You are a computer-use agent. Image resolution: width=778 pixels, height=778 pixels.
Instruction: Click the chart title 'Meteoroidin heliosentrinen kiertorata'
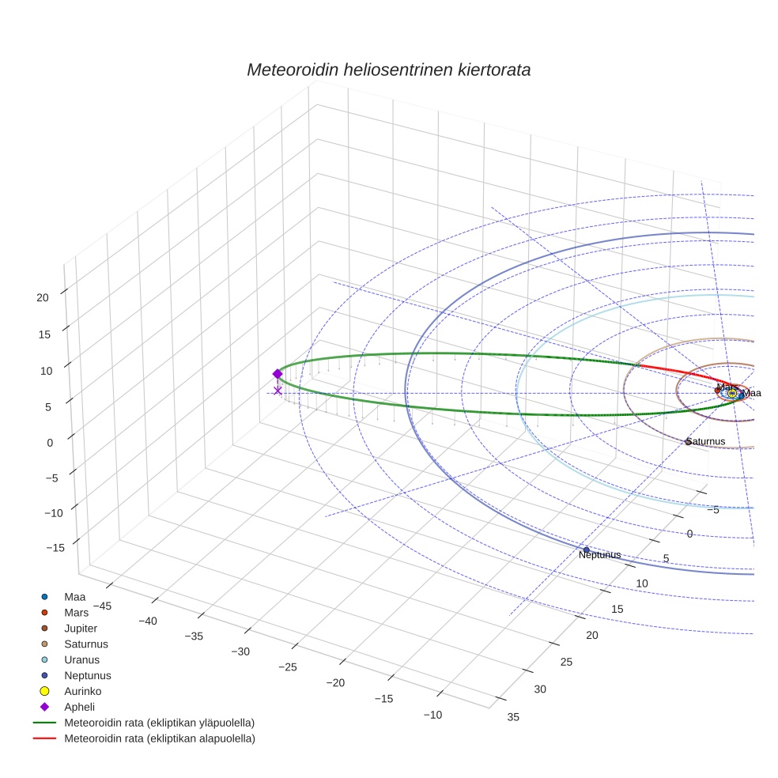[x=388, y=70]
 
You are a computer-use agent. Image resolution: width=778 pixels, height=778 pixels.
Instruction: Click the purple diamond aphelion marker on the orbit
[x=278, y=374]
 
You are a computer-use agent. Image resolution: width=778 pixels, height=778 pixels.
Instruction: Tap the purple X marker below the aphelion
[x=278, y=391]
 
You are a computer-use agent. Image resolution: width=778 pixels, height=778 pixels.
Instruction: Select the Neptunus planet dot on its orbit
[x=586, y=550]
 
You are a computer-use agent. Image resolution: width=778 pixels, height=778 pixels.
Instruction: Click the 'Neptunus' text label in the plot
[x=599, y=555]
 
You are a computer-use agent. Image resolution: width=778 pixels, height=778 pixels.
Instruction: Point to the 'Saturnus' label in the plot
[x=705, y=441]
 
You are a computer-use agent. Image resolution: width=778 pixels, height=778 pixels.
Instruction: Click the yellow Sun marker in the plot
[x=732, y=392]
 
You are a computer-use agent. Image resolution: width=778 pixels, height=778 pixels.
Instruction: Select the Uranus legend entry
[x=81, y=659]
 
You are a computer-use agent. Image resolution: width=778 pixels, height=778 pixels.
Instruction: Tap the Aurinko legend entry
[x=82, y=691]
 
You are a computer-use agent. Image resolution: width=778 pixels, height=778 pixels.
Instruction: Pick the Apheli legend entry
[x=79, y=707]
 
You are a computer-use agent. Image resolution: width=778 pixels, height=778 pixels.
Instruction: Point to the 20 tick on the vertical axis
[x=43, y=297]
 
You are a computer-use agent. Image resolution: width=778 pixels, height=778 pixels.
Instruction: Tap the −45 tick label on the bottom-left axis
[x=103, y=606]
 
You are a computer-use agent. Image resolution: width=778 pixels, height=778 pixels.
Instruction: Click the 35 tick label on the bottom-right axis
[x=513, y=717]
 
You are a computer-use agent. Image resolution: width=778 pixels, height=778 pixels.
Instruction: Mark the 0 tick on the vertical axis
[x=49, y=443]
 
